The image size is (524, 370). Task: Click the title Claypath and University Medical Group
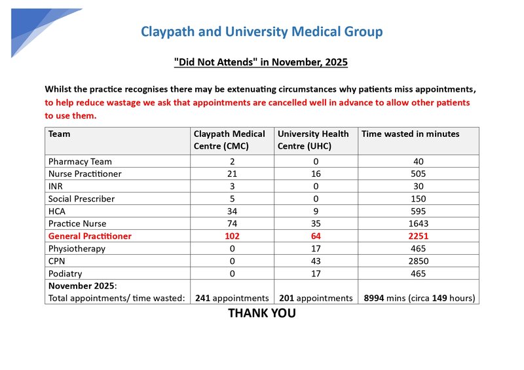click(x=262, y=31)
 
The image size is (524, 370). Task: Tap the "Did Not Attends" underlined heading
click(x=261, y=62)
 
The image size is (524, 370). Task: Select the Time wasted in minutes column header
click(x=411, y=134)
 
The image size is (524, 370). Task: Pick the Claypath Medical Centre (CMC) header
click(x=229, y=139)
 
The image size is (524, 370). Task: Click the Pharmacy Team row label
click(x=80, y=161)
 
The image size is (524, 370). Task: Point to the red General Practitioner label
click(x=90, y=236)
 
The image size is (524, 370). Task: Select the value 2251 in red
click(x=418, y=236)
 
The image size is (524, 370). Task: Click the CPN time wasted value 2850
click(x=418, y=261)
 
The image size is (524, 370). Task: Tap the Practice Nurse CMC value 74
click(x=231, y=223)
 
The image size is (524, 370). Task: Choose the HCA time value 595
click(x=418, y=211)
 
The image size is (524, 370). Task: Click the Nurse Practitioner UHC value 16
click(x=316, y=174)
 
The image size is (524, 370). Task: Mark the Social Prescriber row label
click(x=81, y=198)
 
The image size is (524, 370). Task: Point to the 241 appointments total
click(x=232, y=298)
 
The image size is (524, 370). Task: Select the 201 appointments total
click(x=316, y=298)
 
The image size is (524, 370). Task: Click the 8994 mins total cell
click(x=419, y=298)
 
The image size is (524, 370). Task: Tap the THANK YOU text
click(x=261, y=314)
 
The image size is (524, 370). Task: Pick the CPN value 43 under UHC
click(x=316, y=261)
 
